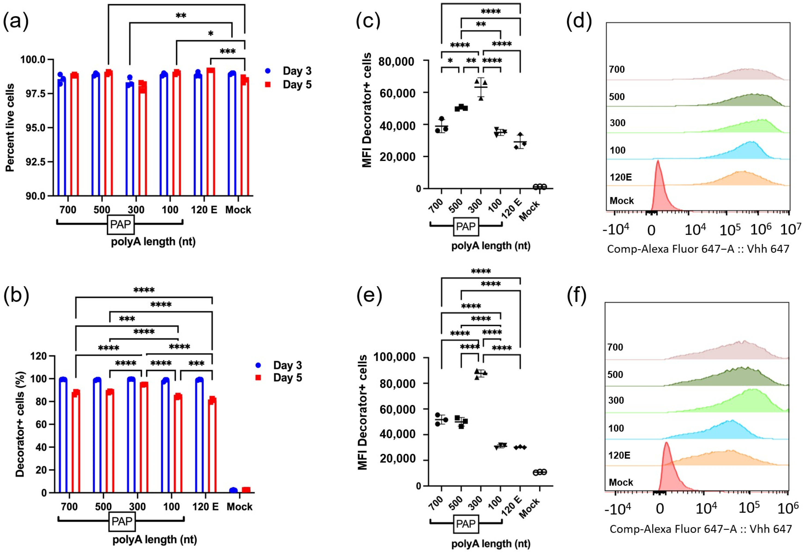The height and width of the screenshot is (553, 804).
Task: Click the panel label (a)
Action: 16,21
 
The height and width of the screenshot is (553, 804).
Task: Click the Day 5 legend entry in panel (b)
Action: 280,378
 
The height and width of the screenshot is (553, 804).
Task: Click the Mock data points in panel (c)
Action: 540,187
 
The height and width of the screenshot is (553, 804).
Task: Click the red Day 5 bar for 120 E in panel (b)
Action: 212,445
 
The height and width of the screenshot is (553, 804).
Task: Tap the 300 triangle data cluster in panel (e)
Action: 480,373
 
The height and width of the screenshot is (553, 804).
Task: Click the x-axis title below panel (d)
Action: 698,249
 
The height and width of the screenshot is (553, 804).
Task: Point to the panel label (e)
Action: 369,296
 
